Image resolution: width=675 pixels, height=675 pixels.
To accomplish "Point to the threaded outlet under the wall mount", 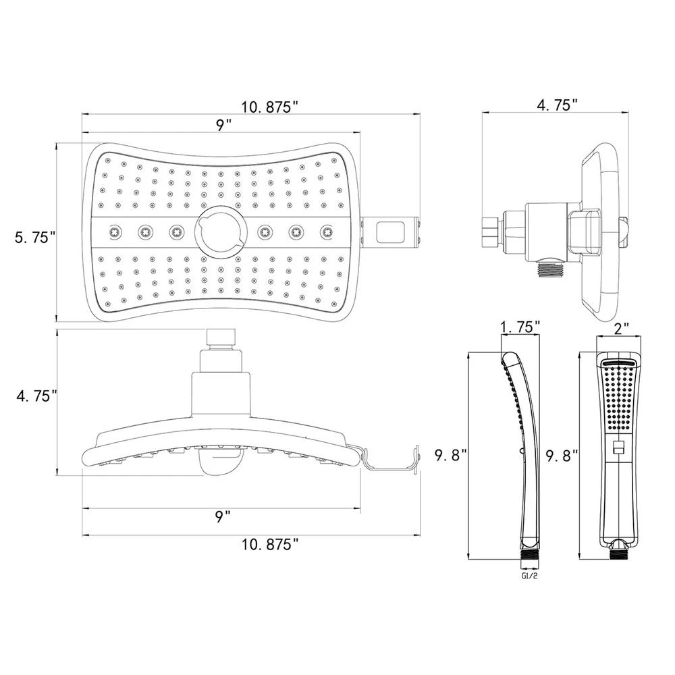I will [x=550, y=268].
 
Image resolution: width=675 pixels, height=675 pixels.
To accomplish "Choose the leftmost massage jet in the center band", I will [x=115, y=232].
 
